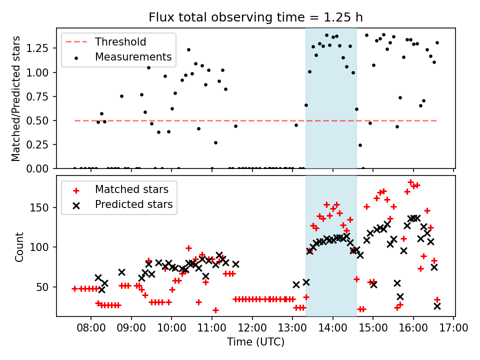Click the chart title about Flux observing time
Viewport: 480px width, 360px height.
pos(255,17)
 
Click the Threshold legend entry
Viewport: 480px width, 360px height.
pos(120,41)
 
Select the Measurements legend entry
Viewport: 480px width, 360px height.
pos(133,57)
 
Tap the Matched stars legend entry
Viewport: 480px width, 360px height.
pos(131,189)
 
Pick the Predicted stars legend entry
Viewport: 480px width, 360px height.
pos(133,204)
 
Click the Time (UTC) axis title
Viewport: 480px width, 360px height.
pos(255,342)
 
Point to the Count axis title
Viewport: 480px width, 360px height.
pos(19,246)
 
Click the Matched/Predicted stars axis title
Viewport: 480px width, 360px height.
pos(16,98)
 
